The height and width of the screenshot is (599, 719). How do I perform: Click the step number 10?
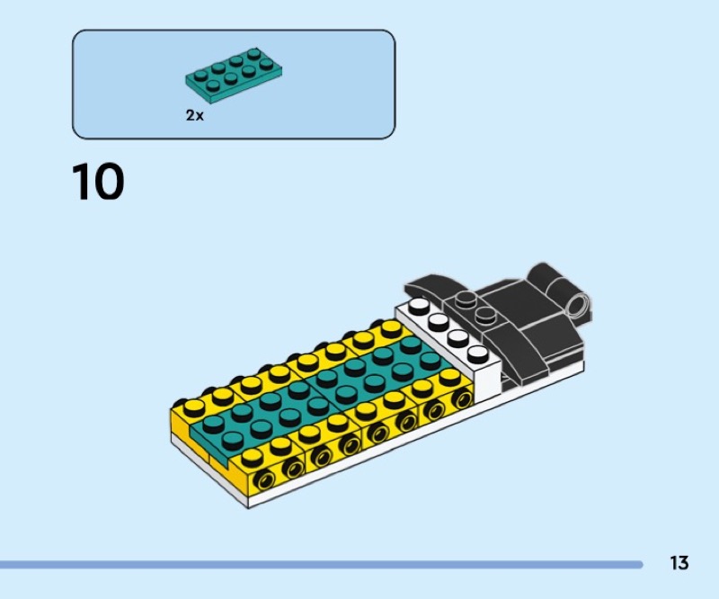click(x=98, y=182)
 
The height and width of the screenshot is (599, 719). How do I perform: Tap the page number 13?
click(x=679, y=563)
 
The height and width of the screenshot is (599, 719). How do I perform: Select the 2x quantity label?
click(x=195, y=116)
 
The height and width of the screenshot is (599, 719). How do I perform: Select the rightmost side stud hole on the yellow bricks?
click(x=461, y=398)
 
